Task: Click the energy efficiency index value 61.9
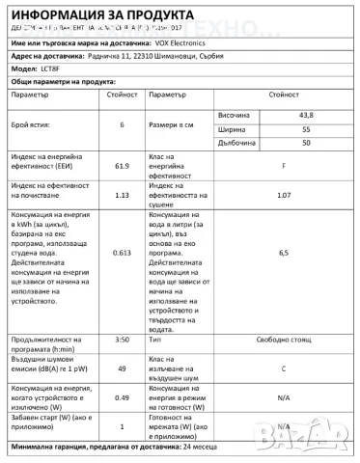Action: (122, 166)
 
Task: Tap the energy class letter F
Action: (282, 166)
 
